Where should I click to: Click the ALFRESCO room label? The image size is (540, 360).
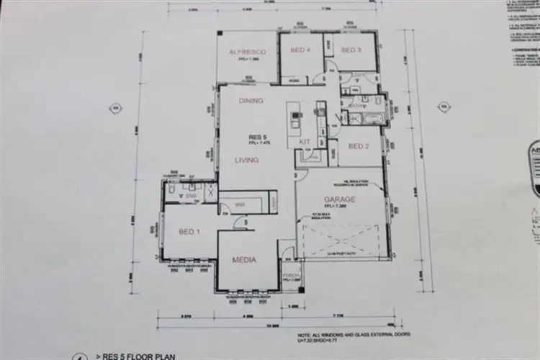coord(248,52)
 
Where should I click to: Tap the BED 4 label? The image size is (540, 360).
coord(300,50)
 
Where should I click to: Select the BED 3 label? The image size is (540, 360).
coord(351,50)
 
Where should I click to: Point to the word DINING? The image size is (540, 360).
coord(251,101)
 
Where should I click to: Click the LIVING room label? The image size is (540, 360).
coord(246,160)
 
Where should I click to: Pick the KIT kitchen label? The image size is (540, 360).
coord(305,142)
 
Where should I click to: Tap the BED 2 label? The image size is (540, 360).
coord(359,146)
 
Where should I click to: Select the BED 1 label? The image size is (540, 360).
coord(189,231)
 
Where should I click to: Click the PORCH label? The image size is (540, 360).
coord(291,275)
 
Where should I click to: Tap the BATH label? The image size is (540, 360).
coord(355,107)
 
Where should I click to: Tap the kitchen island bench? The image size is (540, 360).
coord(294,124)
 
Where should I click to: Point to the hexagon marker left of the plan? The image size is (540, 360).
coord(113,108)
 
